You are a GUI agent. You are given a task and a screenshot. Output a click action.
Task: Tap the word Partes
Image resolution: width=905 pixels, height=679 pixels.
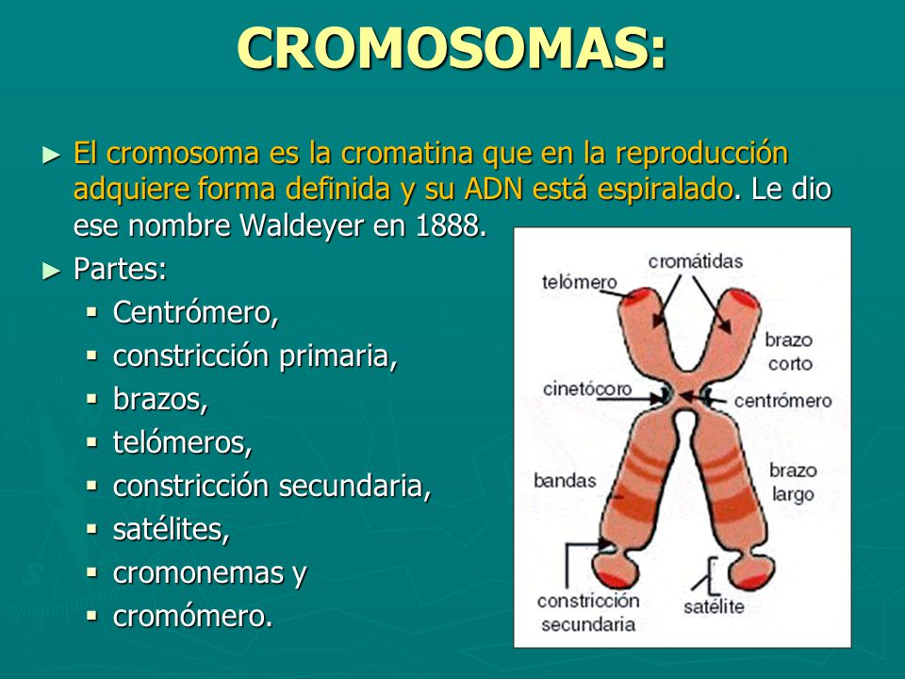[120, 270]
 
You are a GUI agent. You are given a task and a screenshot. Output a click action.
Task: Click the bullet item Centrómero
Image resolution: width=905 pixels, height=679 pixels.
[195, 312]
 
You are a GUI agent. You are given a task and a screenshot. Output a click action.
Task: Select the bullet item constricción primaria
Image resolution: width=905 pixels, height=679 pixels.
[255, 356]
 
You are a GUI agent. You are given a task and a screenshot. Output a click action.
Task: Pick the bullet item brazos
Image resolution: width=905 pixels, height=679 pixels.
[159, 400]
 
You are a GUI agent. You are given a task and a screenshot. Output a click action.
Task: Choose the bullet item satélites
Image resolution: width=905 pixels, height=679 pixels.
[171, 530]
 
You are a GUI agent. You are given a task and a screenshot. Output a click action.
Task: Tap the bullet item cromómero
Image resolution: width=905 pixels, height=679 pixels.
[192, 617]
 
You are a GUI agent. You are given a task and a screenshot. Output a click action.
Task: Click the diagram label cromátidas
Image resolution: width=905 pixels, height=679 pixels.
[696, 260]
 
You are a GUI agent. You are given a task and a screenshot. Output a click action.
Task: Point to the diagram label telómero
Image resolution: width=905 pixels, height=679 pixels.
[579, 282]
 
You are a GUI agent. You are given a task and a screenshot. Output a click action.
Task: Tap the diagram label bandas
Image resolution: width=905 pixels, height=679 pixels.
[565, 480]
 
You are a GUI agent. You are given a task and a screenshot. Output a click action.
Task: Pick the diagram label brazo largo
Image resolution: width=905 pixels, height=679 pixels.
[792, 480]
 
